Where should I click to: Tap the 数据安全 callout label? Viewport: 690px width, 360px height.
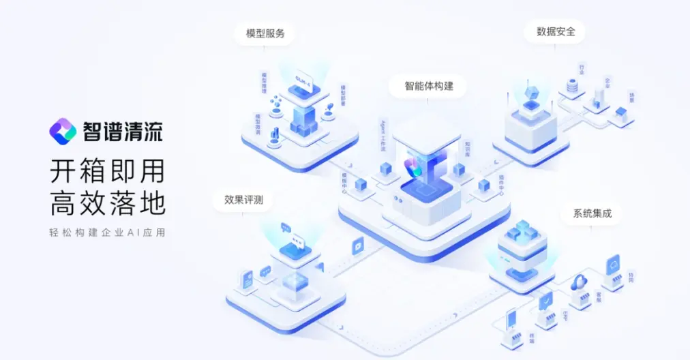[x=555, y=31]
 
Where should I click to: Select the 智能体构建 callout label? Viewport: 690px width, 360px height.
[x=429, y=87]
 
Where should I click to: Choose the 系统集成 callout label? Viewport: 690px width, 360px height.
[x=592, y=213]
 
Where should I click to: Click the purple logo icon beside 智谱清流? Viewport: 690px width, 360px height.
[x=63, y=130]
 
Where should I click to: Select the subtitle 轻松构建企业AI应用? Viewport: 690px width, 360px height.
[x=107, y=232]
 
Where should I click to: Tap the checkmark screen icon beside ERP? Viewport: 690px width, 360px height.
[x=545, y=300]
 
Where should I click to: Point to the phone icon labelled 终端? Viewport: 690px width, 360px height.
[x=513, y=320]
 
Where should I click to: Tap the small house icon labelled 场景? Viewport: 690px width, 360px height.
[x=620, y=112]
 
